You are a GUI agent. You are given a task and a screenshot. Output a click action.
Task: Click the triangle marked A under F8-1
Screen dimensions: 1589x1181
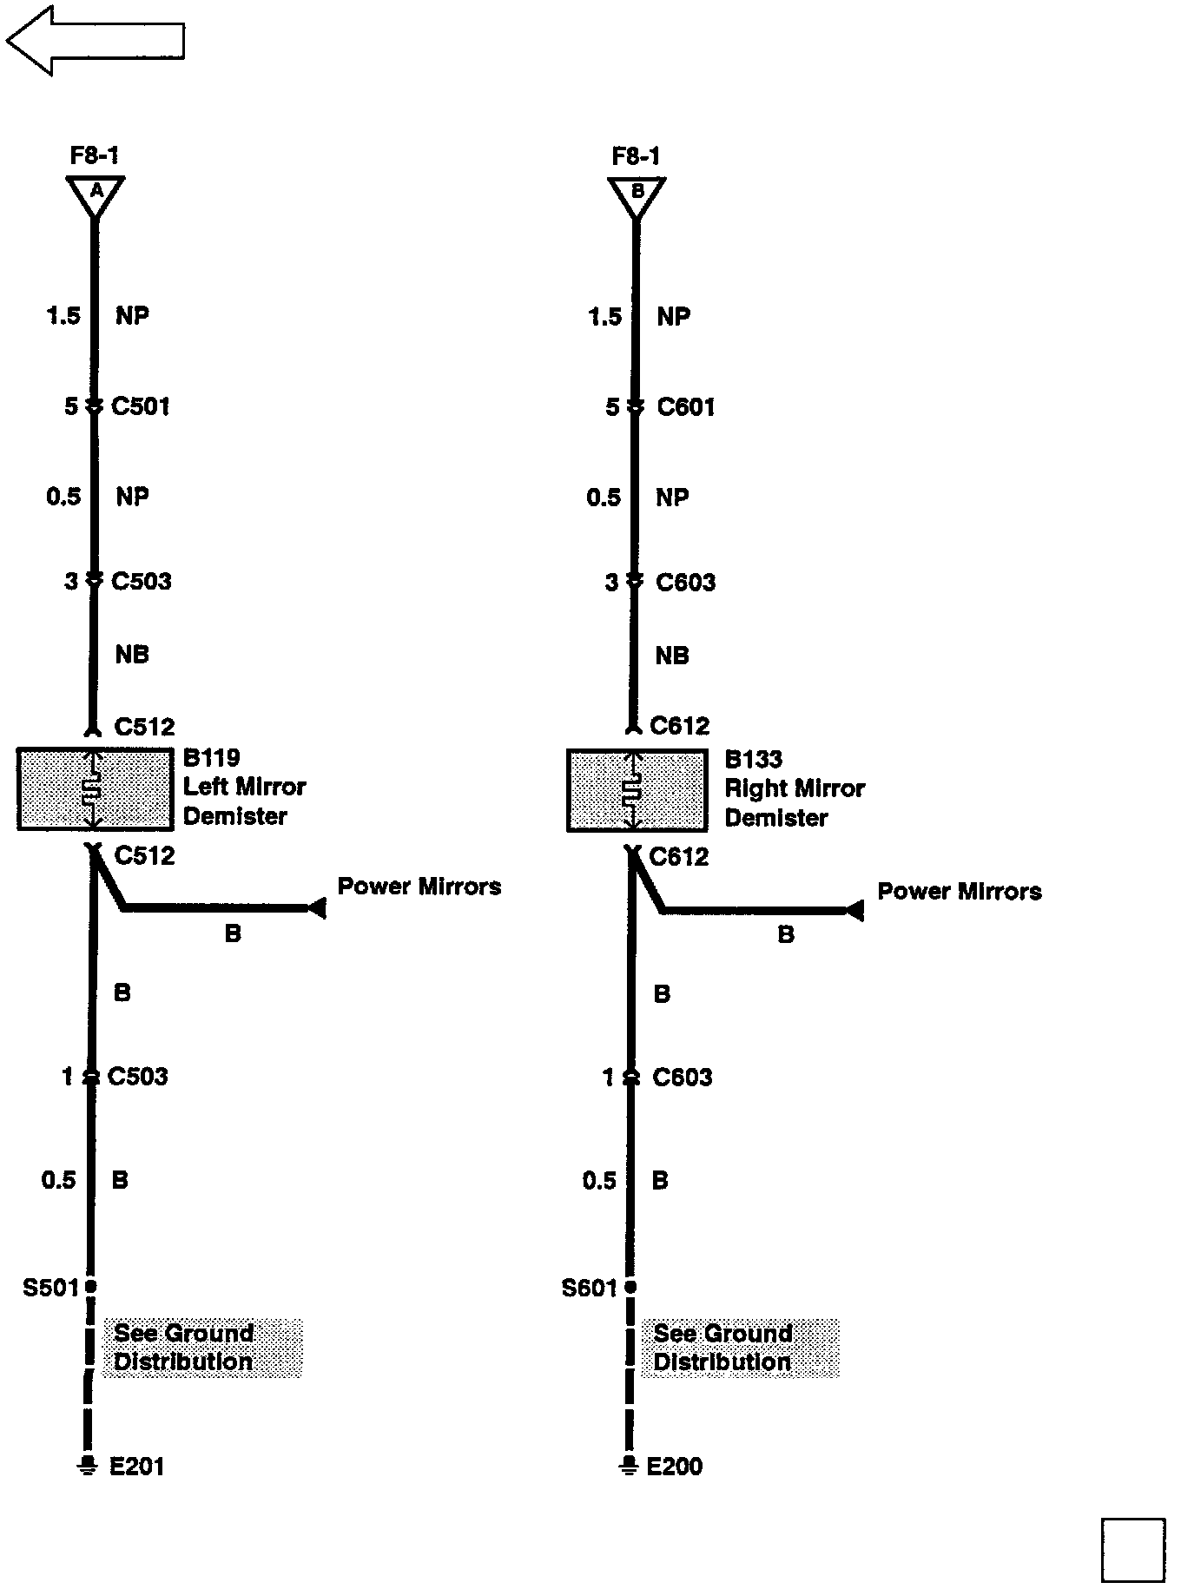click(96, 193)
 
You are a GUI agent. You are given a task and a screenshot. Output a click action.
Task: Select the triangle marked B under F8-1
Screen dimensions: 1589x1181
click(637, 193)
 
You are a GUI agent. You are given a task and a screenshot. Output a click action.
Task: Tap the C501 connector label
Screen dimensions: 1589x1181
click(141, 406)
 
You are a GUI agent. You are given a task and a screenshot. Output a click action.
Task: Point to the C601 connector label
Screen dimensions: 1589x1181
click(686, 407)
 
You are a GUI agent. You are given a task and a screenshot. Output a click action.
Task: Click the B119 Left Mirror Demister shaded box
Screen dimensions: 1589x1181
click(95, 789)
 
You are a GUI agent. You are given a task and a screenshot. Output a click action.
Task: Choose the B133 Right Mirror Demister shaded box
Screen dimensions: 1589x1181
click(636, 791)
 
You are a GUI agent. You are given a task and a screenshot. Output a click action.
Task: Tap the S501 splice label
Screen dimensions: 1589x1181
click(50, 1287)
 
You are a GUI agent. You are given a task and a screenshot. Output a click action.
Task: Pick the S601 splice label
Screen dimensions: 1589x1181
click(590, 1288)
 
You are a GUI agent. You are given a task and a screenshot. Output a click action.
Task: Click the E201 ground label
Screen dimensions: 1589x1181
click(137, 1467)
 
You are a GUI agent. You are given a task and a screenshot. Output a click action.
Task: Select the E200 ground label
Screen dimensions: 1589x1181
click(675, 1467)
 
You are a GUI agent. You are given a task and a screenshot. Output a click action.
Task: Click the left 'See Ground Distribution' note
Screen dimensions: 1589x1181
click(201, 1348)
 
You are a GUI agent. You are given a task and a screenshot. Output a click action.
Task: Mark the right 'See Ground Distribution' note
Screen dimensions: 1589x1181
click(741, 1348)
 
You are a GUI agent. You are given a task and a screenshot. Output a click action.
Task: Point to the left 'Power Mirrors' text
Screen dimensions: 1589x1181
click(419, 887)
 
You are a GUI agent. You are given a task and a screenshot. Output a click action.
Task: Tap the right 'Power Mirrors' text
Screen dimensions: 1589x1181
click(960, 892)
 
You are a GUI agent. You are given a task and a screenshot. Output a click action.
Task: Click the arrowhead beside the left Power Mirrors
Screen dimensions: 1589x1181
click(317, 908)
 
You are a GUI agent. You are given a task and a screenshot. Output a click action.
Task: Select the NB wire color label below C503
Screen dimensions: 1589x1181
click(132, 655)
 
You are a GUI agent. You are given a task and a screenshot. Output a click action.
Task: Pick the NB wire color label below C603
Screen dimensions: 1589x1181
click(672, 656)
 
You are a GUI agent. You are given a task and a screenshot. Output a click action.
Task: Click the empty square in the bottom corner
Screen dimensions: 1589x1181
click(1133, 1550)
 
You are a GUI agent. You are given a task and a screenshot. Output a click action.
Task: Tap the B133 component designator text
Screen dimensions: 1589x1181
click(754, 760)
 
